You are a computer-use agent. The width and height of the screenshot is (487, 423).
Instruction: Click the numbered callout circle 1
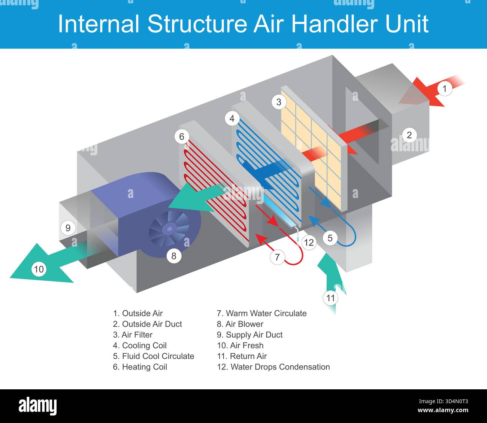click(x=445, y=89)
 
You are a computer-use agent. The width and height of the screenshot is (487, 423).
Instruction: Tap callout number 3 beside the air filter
click(x=279, y=102)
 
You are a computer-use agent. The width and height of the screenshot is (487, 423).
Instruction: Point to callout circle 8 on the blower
click(x=174, y=256)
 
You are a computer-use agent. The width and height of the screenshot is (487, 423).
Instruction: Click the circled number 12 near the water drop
click(x=309, y=243)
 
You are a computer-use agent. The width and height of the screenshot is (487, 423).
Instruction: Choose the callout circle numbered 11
click(x=330, y=298)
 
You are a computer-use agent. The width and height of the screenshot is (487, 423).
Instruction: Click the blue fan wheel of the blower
click(x=168, y=228)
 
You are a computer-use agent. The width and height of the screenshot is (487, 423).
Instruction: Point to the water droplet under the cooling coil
click(x=297, y=238)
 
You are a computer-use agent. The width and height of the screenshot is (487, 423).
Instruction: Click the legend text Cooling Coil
click(x=144, y=346)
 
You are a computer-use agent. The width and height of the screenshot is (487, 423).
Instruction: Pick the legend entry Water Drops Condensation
click(x=280, y=367)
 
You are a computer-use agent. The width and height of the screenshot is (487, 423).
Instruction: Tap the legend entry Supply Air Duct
click(x=254, y=335)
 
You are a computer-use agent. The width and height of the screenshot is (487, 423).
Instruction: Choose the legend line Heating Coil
click(x=144, y=367)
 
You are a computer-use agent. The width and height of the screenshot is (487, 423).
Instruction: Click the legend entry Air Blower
click(x=244, y=324)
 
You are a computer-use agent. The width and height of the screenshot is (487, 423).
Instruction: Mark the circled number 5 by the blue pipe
click(x=330, y=238)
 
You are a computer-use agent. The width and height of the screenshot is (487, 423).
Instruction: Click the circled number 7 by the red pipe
click(x=277, y=257)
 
